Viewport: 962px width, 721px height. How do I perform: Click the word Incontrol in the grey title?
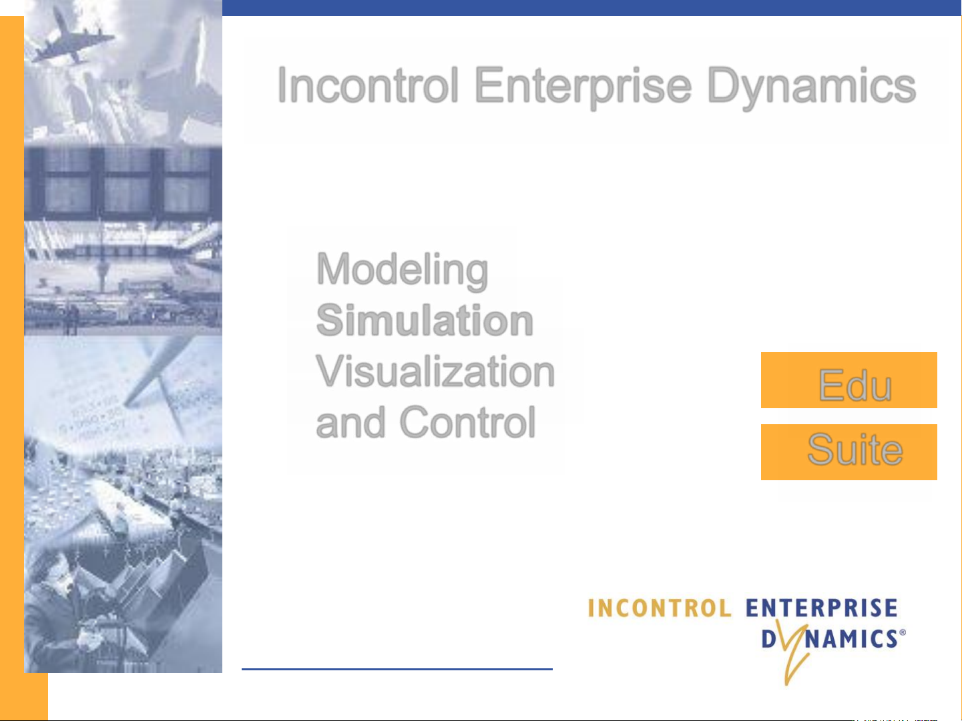point(368,85)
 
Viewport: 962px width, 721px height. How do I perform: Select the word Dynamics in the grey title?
point(811,87)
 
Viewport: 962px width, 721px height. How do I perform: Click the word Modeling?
point(402,271)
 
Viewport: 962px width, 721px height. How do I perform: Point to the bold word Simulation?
point(424,320)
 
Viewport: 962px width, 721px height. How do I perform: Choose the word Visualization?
point(435,372)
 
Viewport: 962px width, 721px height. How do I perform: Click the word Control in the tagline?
point(467,422)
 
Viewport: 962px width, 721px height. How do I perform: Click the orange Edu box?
point(849,380)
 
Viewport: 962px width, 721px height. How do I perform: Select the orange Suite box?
point(849,452)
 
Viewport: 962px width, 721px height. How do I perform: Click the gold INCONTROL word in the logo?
point(659,608)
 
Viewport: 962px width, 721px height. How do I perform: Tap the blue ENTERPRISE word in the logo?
point(821,608)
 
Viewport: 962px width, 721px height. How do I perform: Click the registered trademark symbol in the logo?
point(902,632)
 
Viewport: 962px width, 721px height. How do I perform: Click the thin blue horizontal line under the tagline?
point(397,669)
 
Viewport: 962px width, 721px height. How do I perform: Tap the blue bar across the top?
point(591,8)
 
